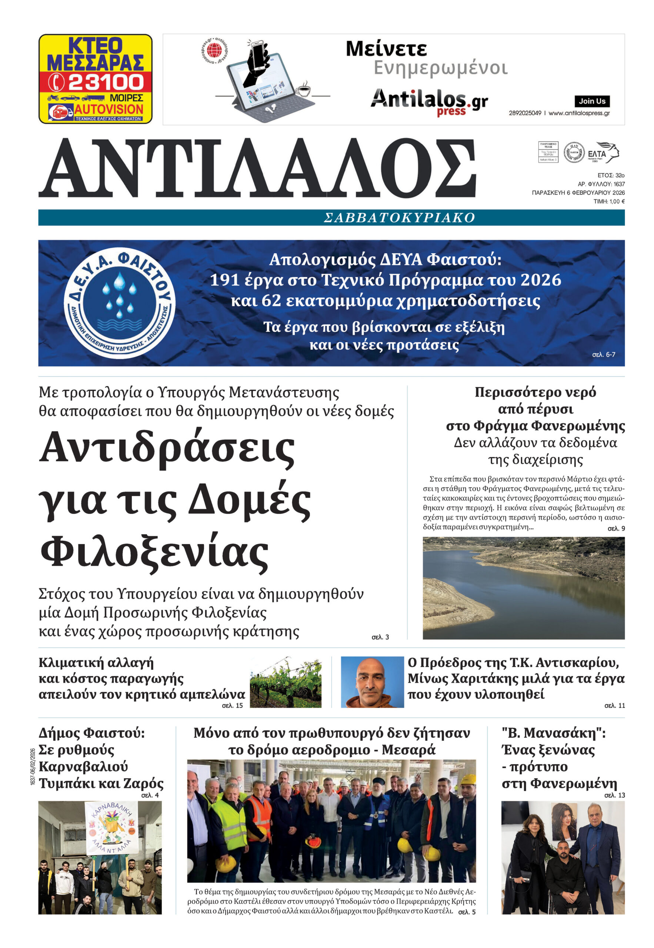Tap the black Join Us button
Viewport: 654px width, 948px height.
point(592,101)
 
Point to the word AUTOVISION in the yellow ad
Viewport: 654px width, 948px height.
point(109,109)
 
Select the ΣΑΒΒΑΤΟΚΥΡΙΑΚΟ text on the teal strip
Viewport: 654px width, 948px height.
point(399,217)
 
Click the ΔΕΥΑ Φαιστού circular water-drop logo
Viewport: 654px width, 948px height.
point(120,303)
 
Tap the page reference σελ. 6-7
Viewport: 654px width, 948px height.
point(603,355)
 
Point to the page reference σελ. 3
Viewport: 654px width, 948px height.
point(380,637)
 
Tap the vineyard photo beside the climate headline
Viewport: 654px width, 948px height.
point(285,682)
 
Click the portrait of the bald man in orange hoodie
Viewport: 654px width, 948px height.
point(372,682)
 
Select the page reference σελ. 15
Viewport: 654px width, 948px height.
point(232,705)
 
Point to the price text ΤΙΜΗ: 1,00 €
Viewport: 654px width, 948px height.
point(609,201)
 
